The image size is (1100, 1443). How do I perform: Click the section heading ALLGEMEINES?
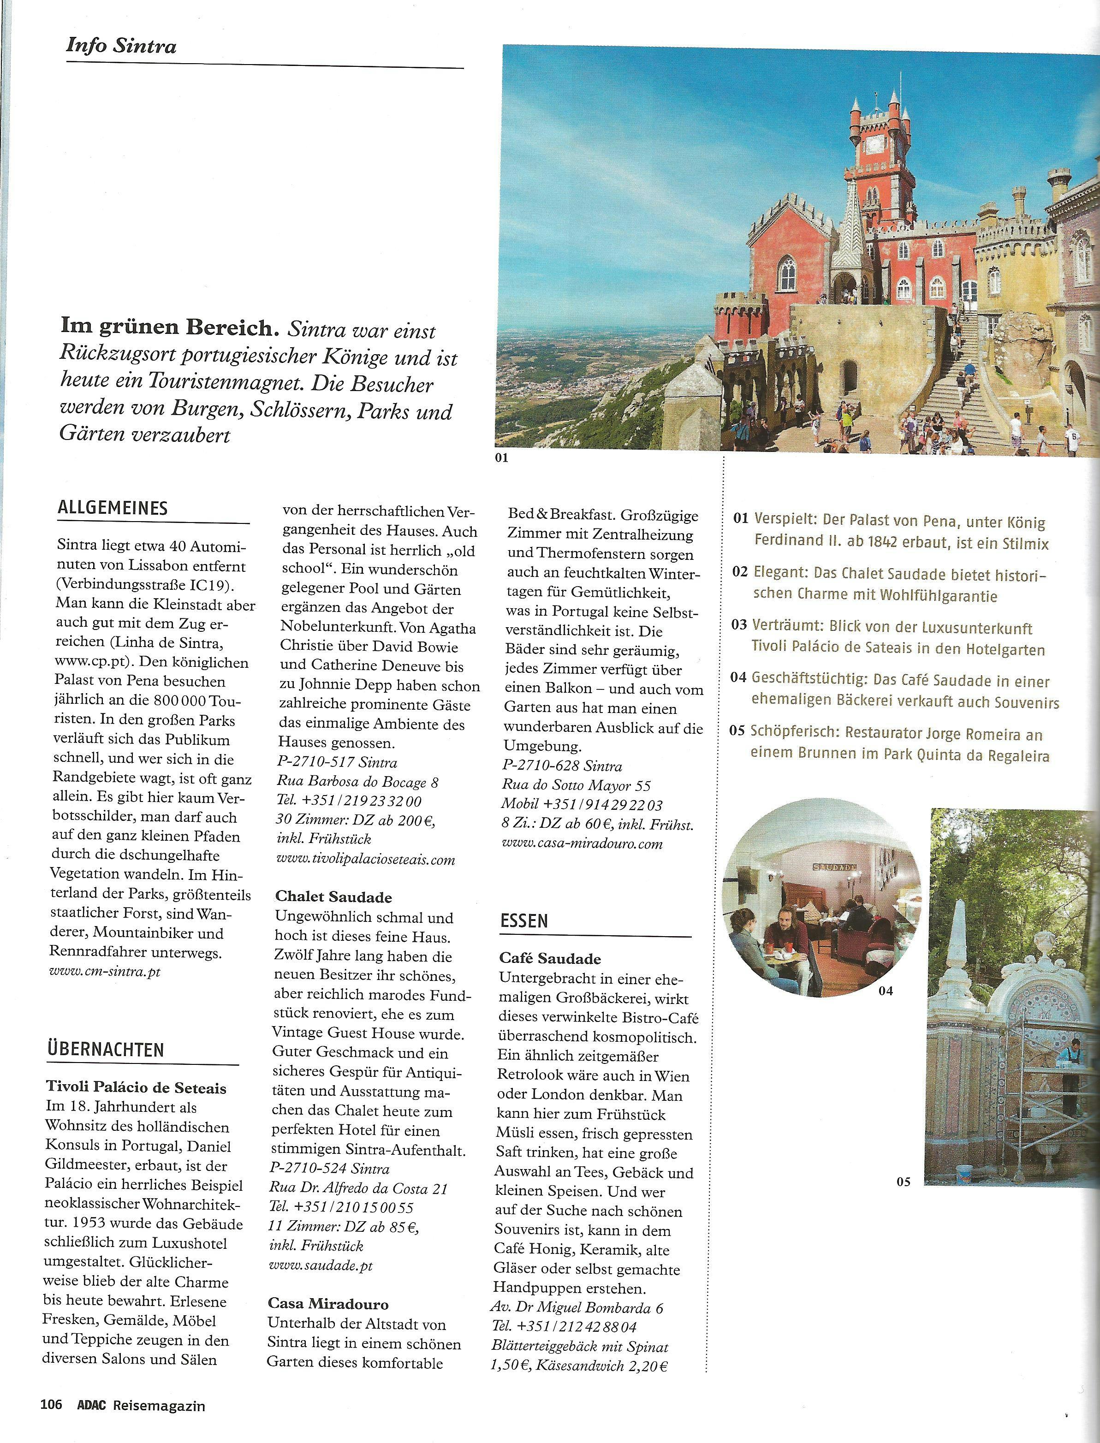[x=113, y=508]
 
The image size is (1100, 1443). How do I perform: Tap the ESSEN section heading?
[x=524, y=921]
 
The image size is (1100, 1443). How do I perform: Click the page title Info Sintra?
[x=121, y=47]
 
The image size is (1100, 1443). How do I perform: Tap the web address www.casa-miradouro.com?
[x=583, y=844]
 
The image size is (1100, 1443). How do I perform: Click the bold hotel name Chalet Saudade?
[x=334, y=897]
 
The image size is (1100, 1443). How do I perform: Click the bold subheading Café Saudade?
[x=549, y=958]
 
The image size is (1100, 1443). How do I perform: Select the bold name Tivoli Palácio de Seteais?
[x=136, y=1088]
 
